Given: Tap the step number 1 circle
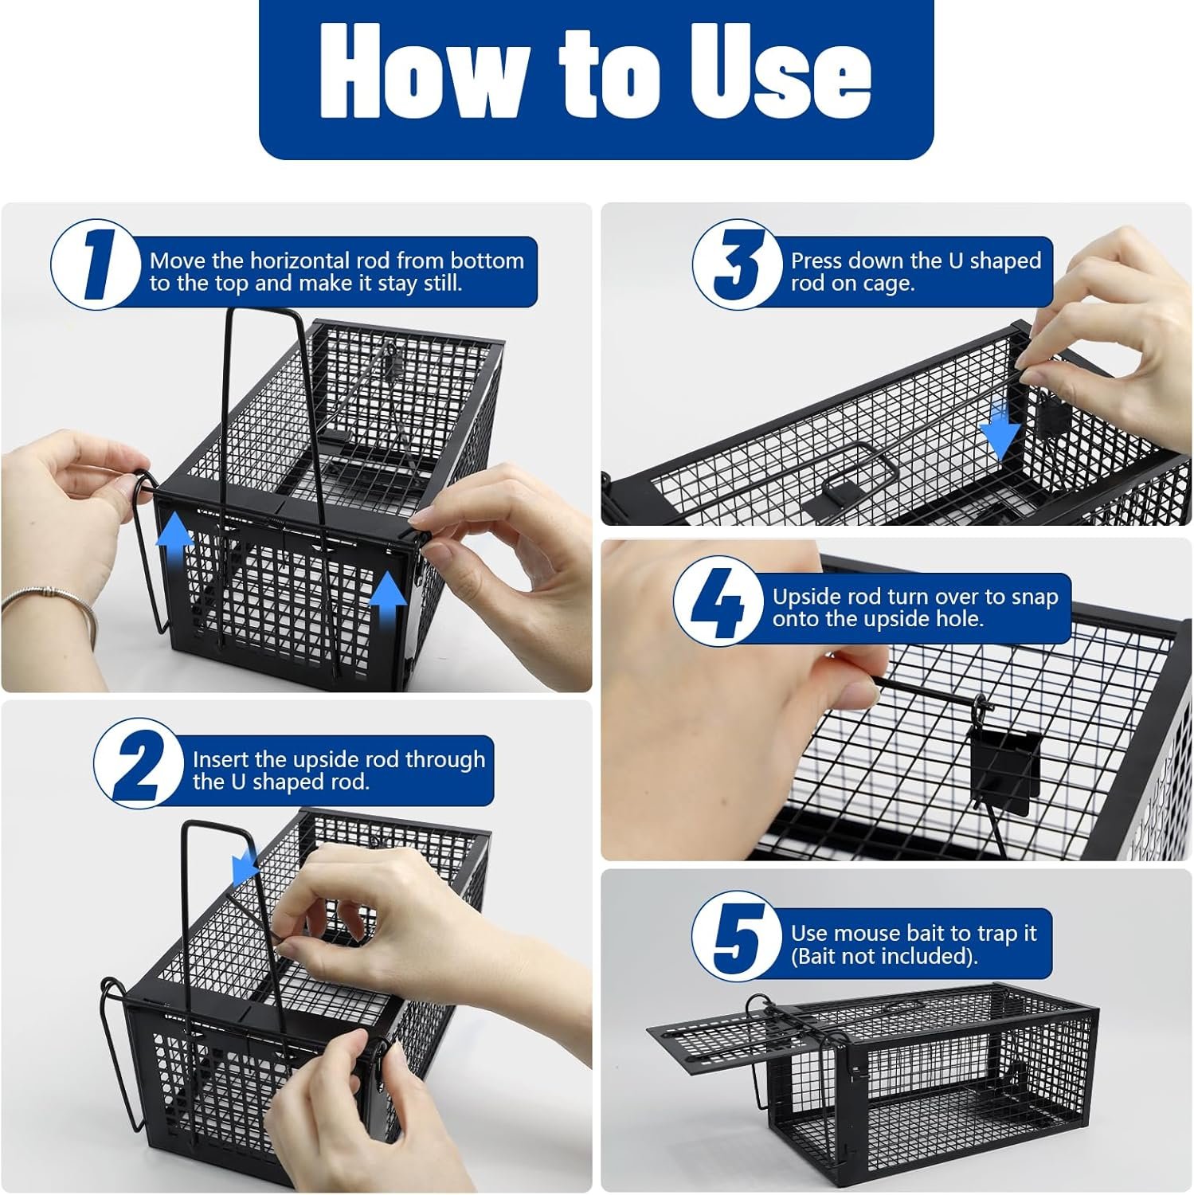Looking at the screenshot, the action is [x=96, y=264].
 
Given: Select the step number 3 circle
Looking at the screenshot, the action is [x=737, y=264].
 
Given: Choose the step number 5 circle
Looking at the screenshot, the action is [x=737, y=936].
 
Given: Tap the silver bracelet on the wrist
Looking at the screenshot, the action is [x=48, y=601].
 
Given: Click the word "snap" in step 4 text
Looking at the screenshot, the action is [x=1031, y=598].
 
